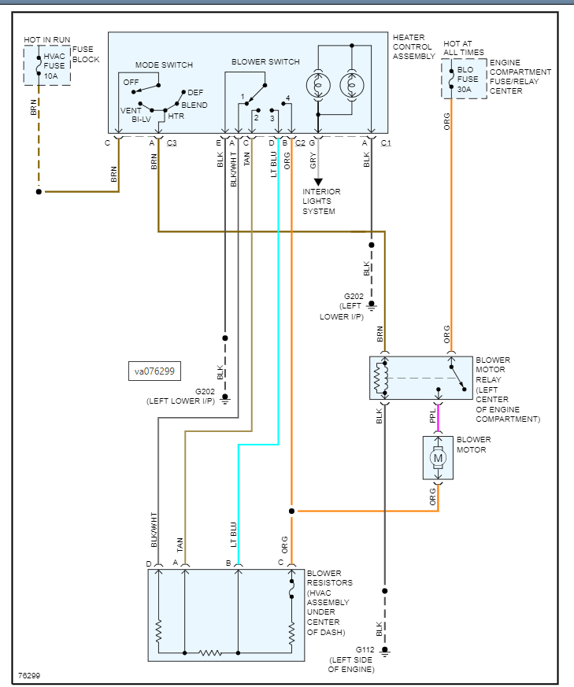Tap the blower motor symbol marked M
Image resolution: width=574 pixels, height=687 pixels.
pos(439,457)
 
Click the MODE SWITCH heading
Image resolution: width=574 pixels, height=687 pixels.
pos(164,65)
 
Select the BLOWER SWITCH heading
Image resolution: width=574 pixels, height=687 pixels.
pos(265,61)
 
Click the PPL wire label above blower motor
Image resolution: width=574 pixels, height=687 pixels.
pos(433,416)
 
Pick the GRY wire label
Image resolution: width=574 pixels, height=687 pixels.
pos(313,161)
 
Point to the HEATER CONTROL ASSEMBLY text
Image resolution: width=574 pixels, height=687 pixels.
pos(413,46)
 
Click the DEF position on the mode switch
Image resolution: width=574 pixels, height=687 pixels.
pos(195,92)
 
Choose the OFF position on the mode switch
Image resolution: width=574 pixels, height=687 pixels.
pos(131,82)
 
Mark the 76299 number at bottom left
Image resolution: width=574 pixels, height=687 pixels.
pos(30,675)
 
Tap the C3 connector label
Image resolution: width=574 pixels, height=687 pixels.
pos(171,143)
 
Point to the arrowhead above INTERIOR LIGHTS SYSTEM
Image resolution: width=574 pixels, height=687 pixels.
pos(318,183)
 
